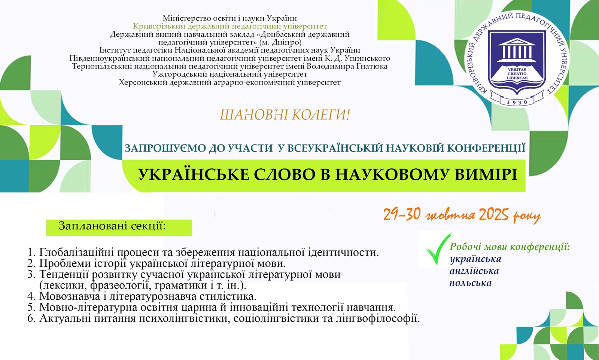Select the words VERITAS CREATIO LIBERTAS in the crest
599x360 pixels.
(517, 73)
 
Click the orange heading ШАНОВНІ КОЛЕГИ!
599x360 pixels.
(285, 115)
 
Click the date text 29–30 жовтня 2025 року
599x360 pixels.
(462, 215)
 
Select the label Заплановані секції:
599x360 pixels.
(112, 226)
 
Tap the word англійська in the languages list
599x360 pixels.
(474, 271)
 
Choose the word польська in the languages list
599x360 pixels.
(470, 283)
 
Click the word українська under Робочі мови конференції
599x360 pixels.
(475, 259)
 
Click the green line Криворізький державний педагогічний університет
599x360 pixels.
(230, 26)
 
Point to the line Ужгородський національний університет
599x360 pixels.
(230, 74)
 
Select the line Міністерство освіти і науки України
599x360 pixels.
(230, 18)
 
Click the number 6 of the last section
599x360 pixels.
(31, 318)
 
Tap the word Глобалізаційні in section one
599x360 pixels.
(77, 252)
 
